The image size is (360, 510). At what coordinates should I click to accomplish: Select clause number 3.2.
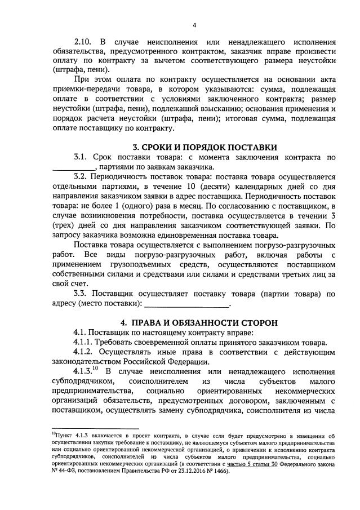click(x=82, y=177)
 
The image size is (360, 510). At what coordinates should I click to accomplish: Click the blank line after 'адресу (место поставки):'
click(x=188, y=304)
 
